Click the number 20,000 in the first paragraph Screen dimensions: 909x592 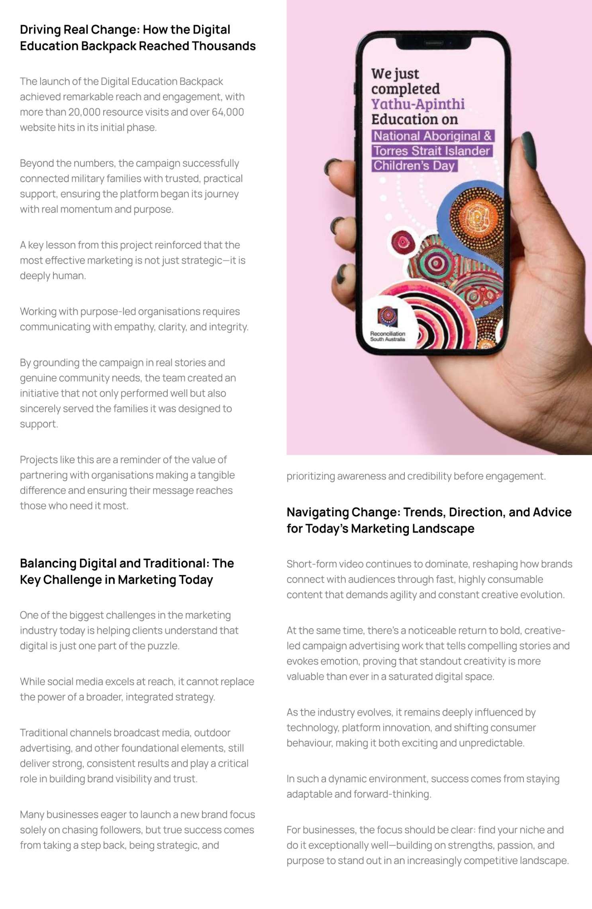pyautogui.click(x=84, y=112)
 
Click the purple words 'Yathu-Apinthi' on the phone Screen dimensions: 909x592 pyautogui.click(x=418, y=104)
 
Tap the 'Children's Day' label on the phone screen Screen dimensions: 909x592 pyautogui.click(x=414, y=165)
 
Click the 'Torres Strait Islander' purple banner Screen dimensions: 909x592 pyautogui.click(x=432, y=151)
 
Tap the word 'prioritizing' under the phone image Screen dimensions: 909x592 pyautogui.click(x=310, y=476)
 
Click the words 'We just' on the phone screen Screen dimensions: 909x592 pyautogui.click(x=395, y=74)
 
